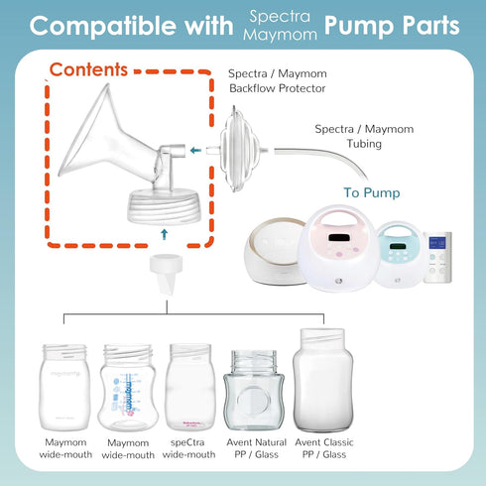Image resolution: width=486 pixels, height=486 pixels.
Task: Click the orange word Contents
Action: point(88,70)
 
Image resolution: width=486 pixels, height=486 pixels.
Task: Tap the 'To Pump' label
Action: point(373,192)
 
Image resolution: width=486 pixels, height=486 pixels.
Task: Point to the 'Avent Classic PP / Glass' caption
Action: point(323,448)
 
